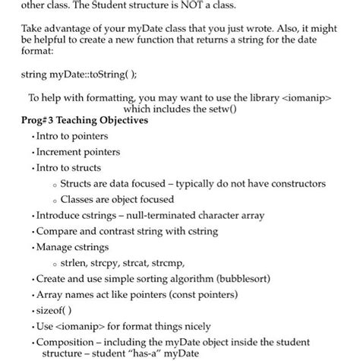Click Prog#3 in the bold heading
click(x=41, y=121)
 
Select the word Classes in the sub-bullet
click(x=80, y=199)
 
